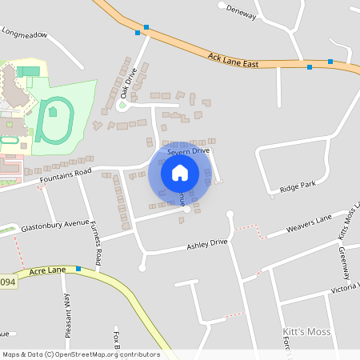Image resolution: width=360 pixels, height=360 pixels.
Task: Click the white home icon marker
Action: tap(180, 173)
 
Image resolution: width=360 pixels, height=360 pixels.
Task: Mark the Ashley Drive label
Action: tap(207, 243)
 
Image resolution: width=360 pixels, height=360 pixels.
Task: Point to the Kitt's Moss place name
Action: tap(306, 331)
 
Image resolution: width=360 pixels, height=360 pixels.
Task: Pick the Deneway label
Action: tap(242, 14)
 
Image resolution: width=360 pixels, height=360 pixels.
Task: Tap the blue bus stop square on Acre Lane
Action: tap(78, 269)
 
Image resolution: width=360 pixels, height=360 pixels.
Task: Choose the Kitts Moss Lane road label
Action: tap(346, 220)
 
